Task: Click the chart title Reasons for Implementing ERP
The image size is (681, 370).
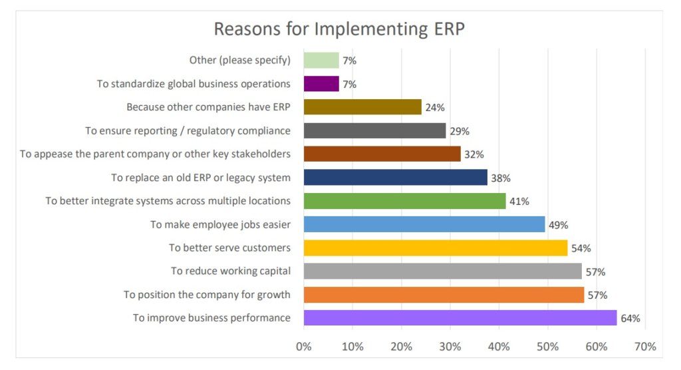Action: (x=340, y=29)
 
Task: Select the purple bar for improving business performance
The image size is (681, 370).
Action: (x=460, y=318)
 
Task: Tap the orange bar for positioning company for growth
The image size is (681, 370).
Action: (x=444, y=295)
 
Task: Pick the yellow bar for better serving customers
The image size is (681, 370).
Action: (x=436, y=248)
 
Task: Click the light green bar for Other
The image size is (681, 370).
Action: (x=321, y=61)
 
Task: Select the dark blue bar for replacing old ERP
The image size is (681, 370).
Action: (x=396, y=178)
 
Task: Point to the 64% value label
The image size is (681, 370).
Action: (x=630, y=319)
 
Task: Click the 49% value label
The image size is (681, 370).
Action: (x=558, y=225)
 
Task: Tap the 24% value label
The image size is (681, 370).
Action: (x=435, y=108)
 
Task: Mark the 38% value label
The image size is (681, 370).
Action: (x=500, y=178)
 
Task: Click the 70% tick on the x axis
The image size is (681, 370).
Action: (x=645, y=347)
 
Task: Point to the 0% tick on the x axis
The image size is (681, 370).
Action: (x=304, y=347)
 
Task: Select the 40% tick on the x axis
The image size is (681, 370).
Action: (x=499, y=347)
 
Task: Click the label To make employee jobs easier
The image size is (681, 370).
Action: (x=220, y=225)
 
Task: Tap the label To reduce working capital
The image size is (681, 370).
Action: (x=230, y=272)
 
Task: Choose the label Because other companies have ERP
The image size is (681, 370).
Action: (x=208, y=107)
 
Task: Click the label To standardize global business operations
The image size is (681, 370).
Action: (x=194, y=84)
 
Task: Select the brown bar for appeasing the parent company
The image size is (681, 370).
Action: (x=382, y=154)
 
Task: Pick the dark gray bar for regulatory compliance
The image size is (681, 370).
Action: (x=374, y=131)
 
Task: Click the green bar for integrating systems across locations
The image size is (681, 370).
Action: (x=404, y=201)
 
